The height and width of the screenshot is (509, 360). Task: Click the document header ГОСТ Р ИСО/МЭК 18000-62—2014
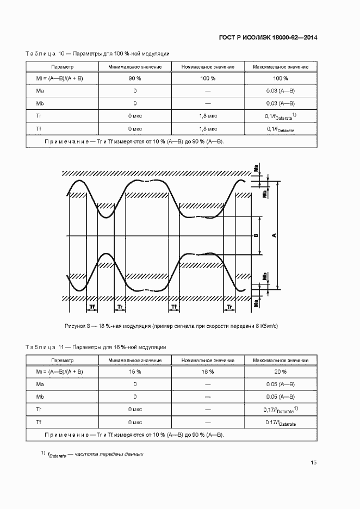click(275, 38)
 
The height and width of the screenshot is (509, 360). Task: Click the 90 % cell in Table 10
click(134, 78)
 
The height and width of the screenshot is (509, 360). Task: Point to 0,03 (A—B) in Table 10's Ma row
click(281, 91)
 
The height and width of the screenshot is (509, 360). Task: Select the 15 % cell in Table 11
click(134, 371)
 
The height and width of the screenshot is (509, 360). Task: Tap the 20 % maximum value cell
click(281, 371)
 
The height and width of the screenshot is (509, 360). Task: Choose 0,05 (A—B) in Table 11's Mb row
click(281, 396)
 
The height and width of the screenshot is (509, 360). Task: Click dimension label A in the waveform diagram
click(274, 235)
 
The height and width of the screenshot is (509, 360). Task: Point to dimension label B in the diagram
click(255, 235)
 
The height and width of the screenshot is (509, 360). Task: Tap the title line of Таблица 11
click(96, 347)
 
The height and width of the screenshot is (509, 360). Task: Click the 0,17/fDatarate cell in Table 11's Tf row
click(281, 423)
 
